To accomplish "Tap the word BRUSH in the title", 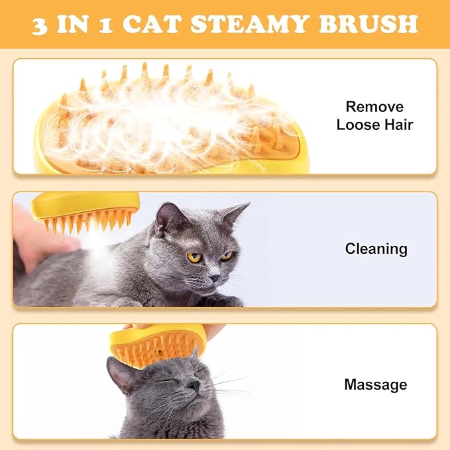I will (x=368, y=24).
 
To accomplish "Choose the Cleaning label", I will (x=376, y=249).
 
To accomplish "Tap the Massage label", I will (x=375, y=384).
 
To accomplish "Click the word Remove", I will (x=374, y=107).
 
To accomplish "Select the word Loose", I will (x=359, y=125).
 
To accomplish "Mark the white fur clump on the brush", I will (x=166, y=119).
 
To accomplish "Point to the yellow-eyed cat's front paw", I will (x=222, y=300).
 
